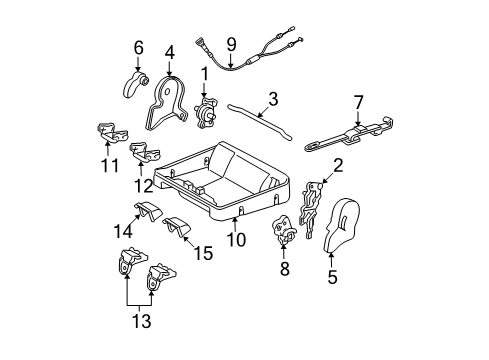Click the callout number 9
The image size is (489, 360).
point(231,43)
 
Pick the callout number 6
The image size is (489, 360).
point(139,47)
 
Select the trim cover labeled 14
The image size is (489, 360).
point(151,217)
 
